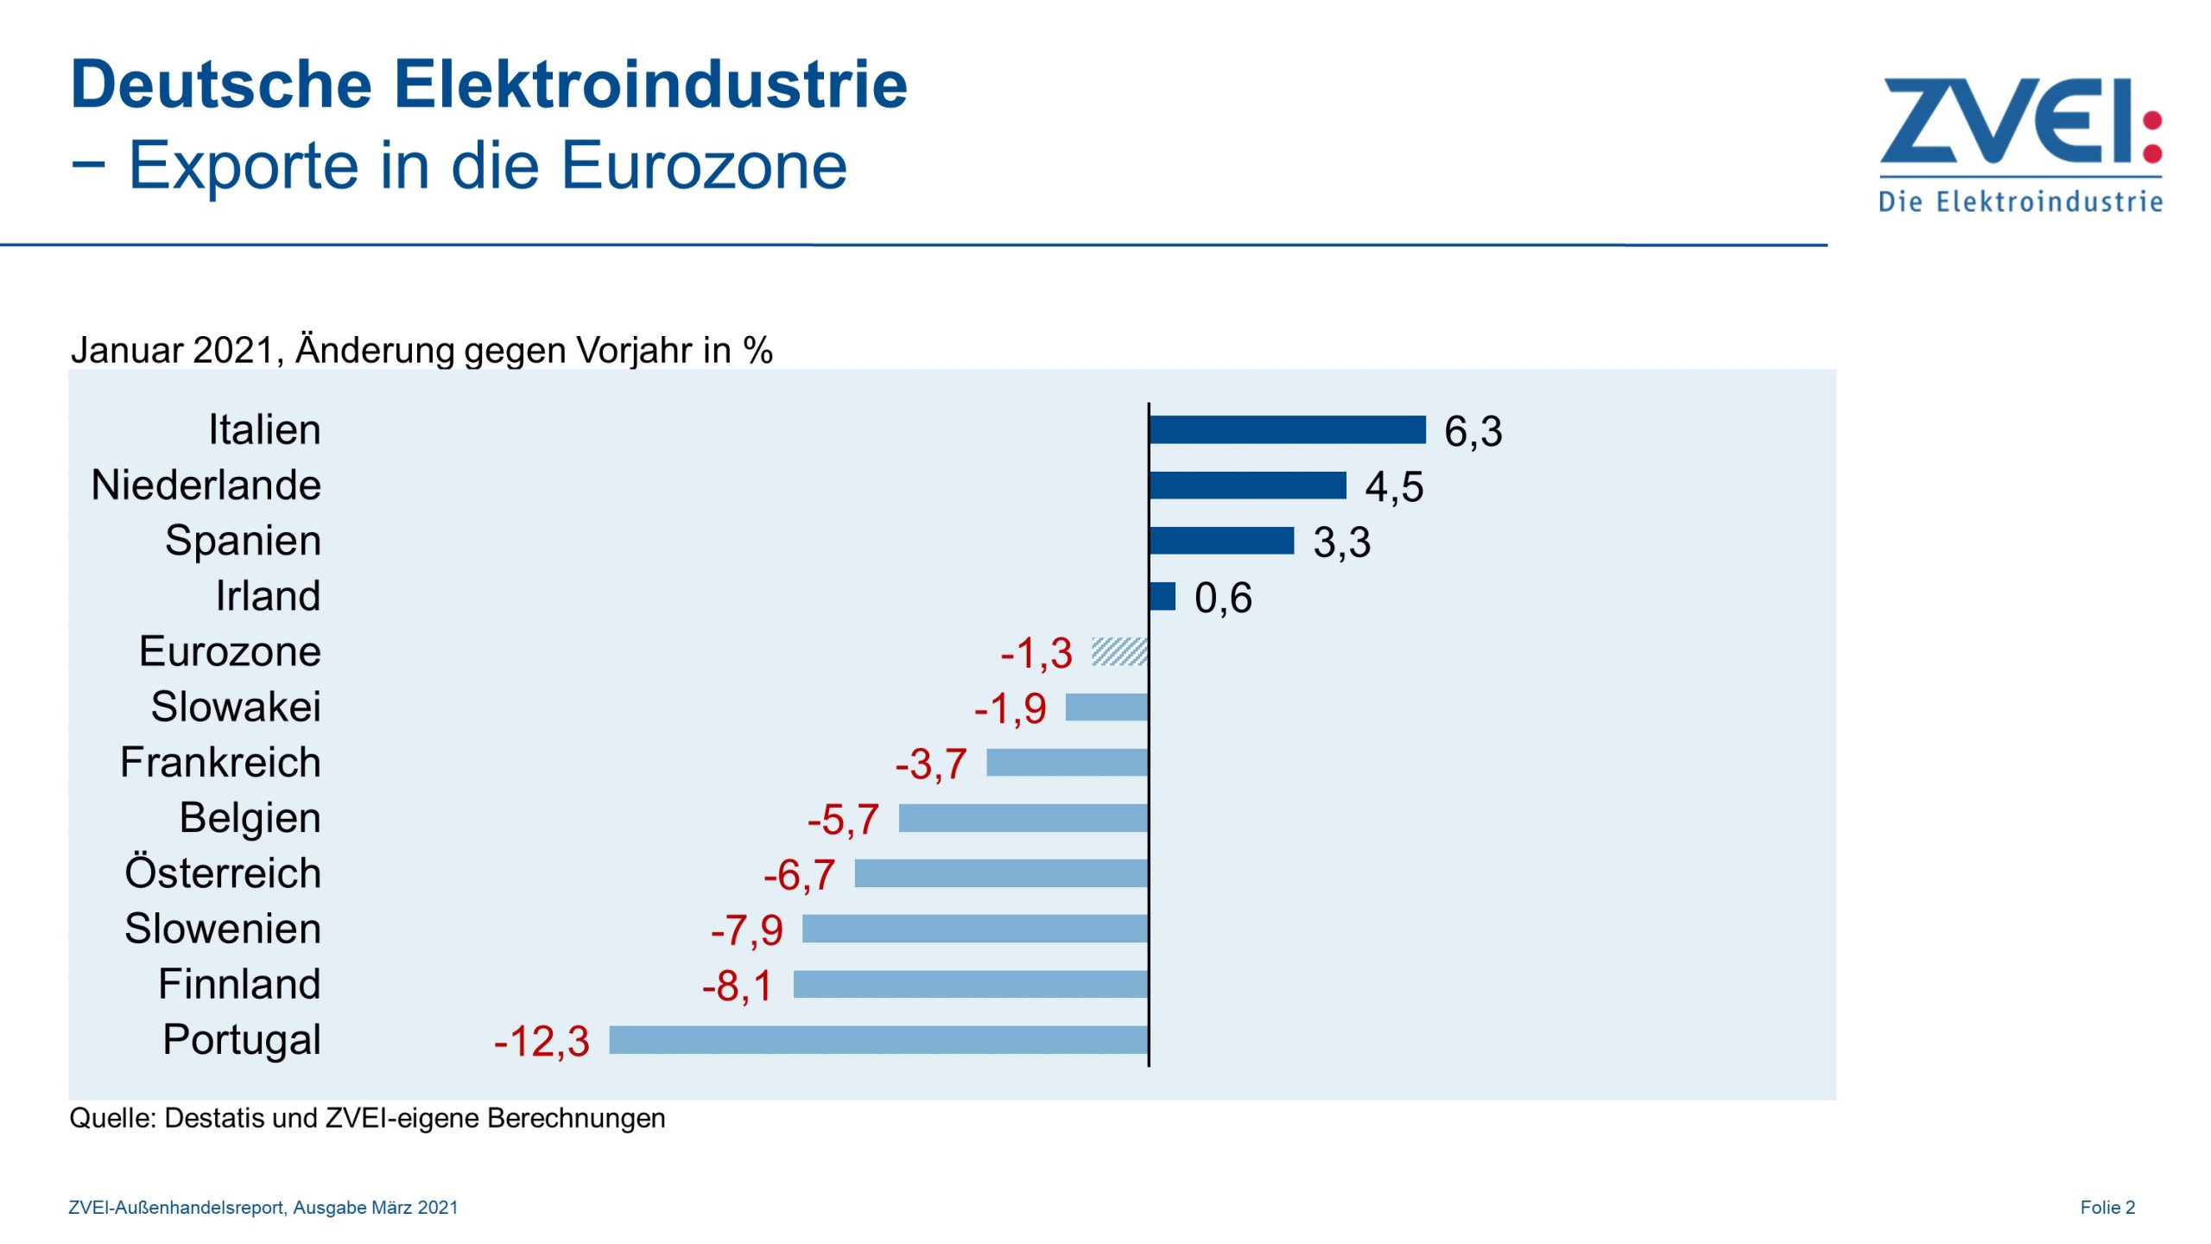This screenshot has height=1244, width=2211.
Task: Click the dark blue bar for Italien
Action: (1287, 429)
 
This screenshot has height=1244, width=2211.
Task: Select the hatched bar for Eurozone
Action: (1119, 651)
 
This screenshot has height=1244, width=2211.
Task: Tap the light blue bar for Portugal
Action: (878, 1039)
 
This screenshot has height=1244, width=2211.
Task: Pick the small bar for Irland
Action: (1163, 596)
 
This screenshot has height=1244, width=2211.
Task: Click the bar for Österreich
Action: (1001, 873)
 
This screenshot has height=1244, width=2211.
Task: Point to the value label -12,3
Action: (542, 1041)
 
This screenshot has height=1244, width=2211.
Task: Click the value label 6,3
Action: (1473, 431)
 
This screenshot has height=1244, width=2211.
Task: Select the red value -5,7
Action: (843, 819)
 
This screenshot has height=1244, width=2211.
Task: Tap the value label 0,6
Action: (1223, 598)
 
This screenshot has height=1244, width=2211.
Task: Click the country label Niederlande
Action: (206, 485)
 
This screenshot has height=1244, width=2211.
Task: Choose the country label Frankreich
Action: (220, 762)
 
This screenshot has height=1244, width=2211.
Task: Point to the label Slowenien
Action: (223, 929)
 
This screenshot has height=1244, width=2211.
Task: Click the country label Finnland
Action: (239, 984)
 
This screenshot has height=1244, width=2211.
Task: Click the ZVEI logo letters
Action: (2004, 121)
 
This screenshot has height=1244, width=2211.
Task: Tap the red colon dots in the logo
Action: (2152, 136)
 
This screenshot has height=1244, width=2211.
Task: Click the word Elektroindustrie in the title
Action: (650, 85)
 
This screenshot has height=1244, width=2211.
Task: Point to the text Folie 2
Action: (2106, 1207)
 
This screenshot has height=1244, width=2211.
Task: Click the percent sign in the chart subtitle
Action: (757, 351)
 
